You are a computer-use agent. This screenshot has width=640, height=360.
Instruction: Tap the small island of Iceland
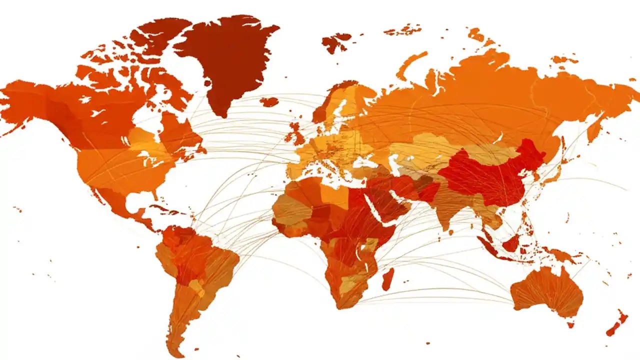pyautogui.click(x=269, y=102)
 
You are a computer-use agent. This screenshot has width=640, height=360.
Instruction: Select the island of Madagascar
pyautogui.click(x=388, y=279)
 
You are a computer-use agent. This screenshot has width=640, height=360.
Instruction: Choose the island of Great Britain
pyautogui.click(x=298, y=134)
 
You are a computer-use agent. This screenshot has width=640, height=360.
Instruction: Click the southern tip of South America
pyautogui.click(x=175, y=345)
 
